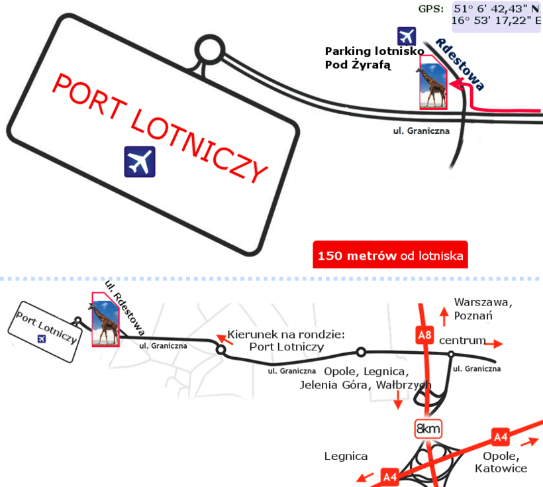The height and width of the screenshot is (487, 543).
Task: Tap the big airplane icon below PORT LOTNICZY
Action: point(140,162)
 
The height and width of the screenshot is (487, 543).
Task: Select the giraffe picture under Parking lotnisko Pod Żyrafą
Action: point(434,82)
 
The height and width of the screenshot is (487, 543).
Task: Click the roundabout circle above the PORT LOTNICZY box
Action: point(211,48)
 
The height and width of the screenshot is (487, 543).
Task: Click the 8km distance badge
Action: point(428,429)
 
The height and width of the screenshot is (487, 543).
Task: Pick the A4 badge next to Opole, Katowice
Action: point(501,437)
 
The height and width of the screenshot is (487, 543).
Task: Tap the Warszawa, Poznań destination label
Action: point(483,309)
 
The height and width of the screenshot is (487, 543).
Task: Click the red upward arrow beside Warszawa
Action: point(444,314)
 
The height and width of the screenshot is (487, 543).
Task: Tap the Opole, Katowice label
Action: point(501,462)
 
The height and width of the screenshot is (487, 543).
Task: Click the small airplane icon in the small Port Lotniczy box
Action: point(42,339)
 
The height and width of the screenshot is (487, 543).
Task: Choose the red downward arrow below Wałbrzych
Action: point(397,400)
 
